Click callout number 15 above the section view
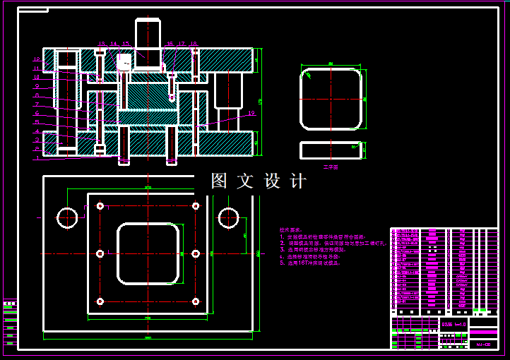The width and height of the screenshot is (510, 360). (126, 44)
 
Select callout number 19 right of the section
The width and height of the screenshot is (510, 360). (251, 113)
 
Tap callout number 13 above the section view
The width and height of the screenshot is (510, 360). (101, 44)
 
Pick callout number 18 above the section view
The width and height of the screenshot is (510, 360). (194, 44)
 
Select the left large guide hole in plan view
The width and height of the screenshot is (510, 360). (68, 218)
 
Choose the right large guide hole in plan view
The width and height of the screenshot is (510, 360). (228, 218)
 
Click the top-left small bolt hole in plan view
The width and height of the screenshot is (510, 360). (100, 206)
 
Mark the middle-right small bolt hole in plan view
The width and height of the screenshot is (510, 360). (196, 253)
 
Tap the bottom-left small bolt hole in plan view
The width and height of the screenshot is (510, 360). (100, 301)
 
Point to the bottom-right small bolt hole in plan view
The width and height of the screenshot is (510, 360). (196, 301)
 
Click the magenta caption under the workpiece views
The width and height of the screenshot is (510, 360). (331, 167)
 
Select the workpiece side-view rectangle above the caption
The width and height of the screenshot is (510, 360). (331, 150)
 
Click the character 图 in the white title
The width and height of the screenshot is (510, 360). (219, 181)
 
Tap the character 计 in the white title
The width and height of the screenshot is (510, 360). (298, 181)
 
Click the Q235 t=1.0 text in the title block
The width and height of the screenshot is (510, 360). (453, 324)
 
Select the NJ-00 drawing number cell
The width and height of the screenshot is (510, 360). (483, 344)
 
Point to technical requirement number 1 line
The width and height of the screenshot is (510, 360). (321, 237)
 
